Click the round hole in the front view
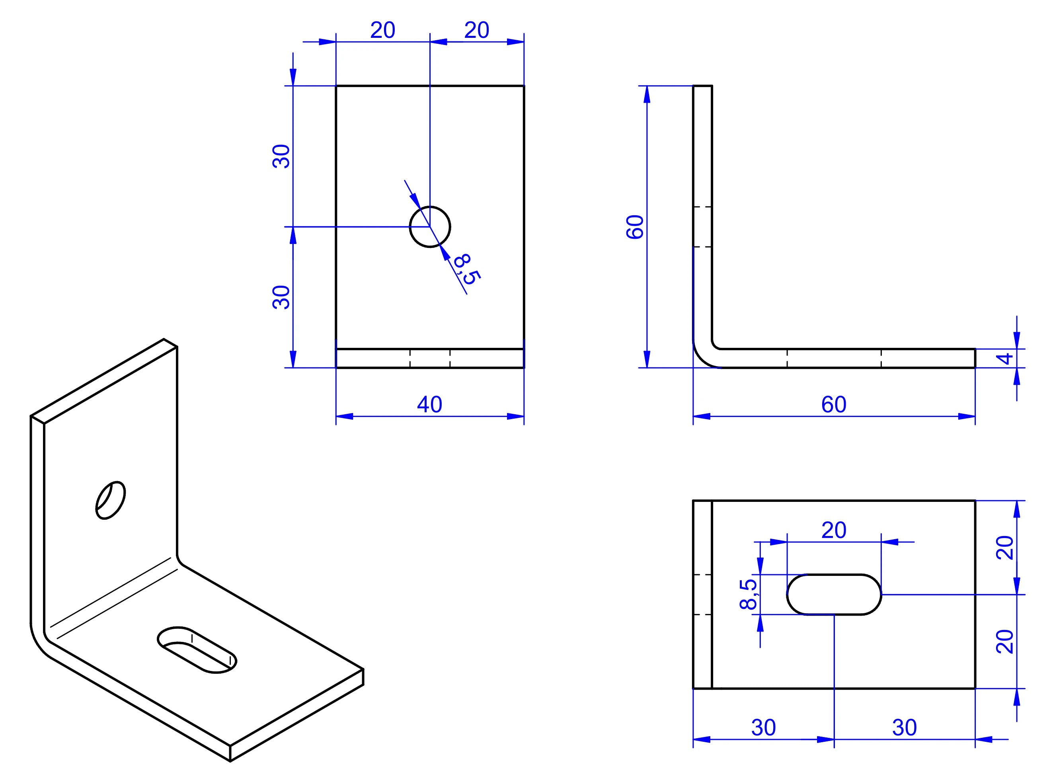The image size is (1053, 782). coord(430,227)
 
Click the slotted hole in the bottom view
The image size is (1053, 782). coord(834,595)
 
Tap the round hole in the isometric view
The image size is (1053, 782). coord(111,500)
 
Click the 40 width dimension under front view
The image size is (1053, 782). coord(429,404)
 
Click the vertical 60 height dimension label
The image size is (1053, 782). coord(635,227)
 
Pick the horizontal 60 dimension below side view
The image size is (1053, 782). coord(833,404)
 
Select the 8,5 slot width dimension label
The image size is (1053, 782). coord(748,594)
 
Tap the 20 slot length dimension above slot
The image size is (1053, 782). coord(833,530)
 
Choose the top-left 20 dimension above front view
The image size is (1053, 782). coord(382,30)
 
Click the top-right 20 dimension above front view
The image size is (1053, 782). coord(477,30)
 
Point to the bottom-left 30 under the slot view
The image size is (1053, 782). coord(763,727)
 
